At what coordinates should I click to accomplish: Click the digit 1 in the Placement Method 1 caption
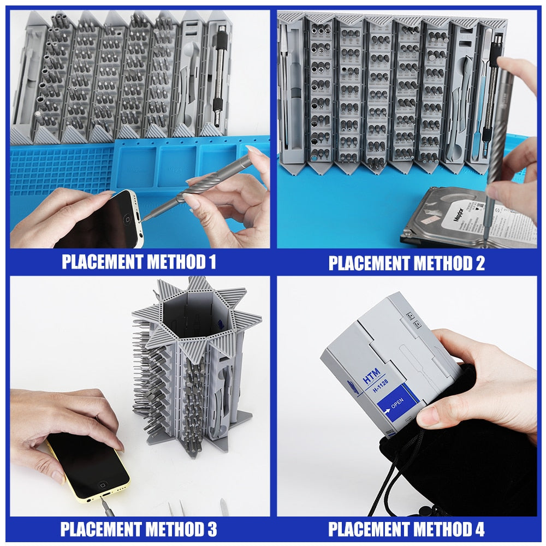211,262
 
